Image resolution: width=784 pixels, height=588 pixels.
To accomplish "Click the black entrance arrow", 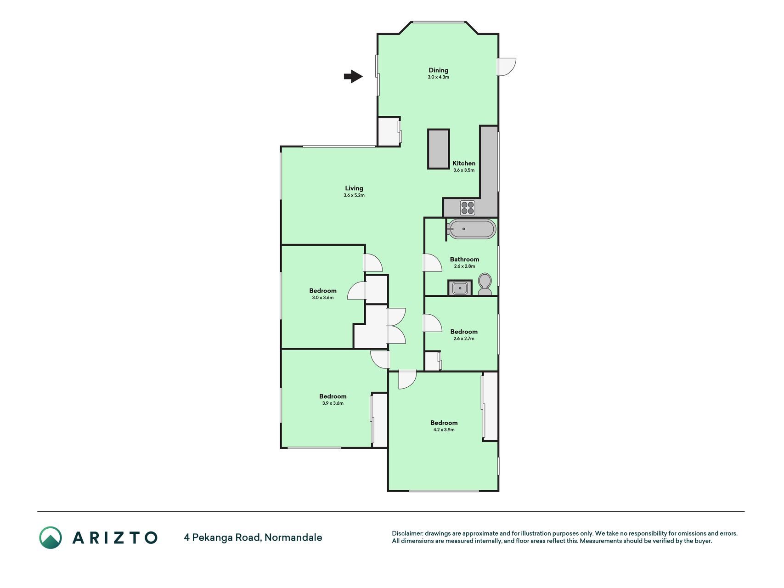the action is [353, 76].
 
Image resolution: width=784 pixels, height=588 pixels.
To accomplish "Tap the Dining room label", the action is [438, 70].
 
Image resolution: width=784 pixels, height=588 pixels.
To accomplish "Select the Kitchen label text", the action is [464, 163].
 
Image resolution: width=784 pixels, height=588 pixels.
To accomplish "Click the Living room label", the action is [354, 188].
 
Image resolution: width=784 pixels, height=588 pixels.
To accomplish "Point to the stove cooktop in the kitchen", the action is [468, 208].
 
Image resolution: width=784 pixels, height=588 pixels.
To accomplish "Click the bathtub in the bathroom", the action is [472, 229].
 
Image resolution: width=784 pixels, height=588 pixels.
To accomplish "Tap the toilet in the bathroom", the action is [485, 284].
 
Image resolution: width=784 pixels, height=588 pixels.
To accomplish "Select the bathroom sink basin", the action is [460, 288].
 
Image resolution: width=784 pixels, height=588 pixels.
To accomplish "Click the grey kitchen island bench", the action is [439, 149].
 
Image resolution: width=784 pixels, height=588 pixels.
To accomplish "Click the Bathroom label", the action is [464, 259].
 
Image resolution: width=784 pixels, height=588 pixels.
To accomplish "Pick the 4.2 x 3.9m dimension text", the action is [444, 430].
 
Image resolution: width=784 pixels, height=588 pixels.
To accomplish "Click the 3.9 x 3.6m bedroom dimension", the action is [333, 403].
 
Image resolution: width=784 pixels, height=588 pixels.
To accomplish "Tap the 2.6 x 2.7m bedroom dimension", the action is [464, 339].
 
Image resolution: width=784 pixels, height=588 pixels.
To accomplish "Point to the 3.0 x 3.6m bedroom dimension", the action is [323, 298].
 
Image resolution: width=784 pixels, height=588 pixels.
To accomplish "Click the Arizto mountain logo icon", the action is [51, 537].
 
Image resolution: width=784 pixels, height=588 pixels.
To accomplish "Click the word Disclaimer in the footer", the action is [407, 533].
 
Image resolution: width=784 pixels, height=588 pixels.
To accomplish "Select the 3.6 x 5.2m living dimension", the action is [354, 195].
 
